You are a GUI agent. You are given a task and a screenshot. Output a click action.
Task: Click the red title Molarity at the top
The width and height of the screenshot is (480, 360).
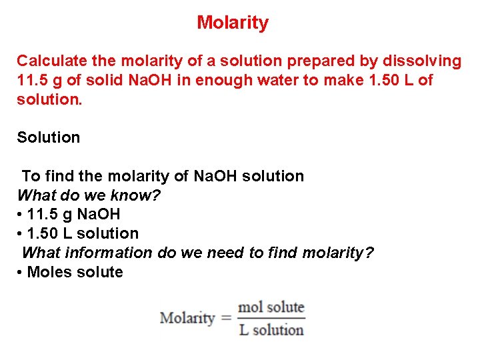[x=233, y=23]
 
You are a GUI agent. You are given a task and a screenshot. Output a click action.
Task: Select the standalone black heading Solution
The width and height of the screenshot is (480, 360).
[x=48, y=137]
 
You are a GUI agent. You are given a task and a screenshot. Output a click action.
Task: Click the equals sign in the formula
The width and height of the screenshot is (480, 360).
[x=225, y=318]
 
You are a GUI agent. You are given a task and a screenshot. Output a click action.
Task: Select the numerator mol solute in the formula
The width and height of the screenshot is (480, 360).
[x=271, y=307]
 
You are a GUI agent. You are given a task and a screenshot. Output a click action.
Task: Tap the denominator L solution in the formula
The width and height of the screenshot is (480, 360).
[x=271, y=329]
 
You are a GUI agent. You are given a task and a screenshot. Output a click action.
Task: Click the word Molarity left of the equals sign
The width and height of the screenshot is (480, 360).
[x=187, y=318]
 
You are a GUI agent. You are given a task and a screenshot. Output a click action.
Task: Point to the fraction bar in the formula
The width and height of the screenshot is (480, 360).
[x=271, y=318]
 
